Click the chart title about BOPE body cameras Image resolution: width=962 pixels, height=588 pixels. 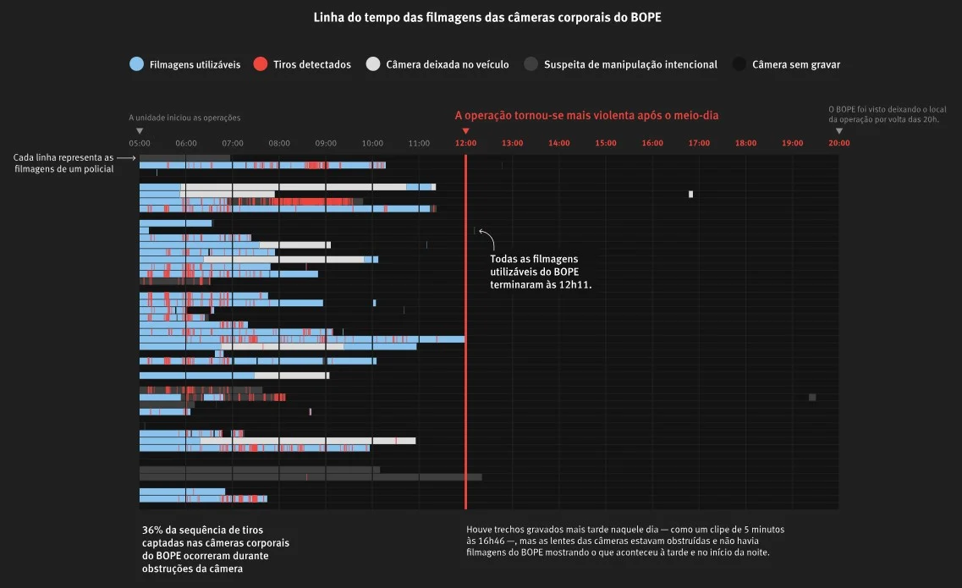point(487,17)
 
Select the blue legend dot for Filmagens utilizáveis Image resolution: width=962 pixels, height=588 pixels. point(137,63)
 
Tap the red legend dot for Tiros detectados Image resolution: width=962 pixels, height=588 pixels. point(261,63)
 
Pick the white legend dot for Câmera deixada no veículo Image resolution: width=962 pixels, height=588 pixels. point(373,63)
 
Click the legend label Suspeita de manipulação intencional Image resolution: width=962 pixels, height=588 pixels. point(630,64)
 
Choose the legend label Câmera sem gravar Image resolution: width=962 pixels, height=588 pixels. point(796,64)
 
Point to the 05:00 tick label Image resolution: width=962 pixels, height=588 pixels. point(140,143)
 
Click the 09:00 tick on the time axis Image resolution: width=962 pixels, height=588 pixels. point(326,143)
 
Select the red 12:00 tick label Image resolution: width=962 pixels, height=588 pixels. point(465,143)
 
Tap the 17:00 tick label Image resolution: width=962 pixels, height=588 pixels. point(699,143)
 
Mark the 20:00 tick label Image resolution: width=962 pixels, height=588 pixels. point(839,143)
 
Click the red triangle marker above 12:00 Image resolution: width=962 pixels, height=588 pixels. point(465,131)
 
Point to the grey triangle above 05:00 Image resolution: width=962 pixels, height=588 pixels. point(140,131)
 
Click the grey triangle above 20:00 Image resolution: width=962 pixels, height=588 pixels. point(839,131)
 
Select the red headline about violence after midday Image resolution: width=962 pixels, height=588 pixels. point(586,115)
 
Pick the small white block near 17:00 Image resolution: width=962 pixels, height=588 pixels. point(690,194)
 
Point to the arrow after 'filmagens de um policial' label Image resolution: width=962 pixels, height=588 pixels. point(126,157)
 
